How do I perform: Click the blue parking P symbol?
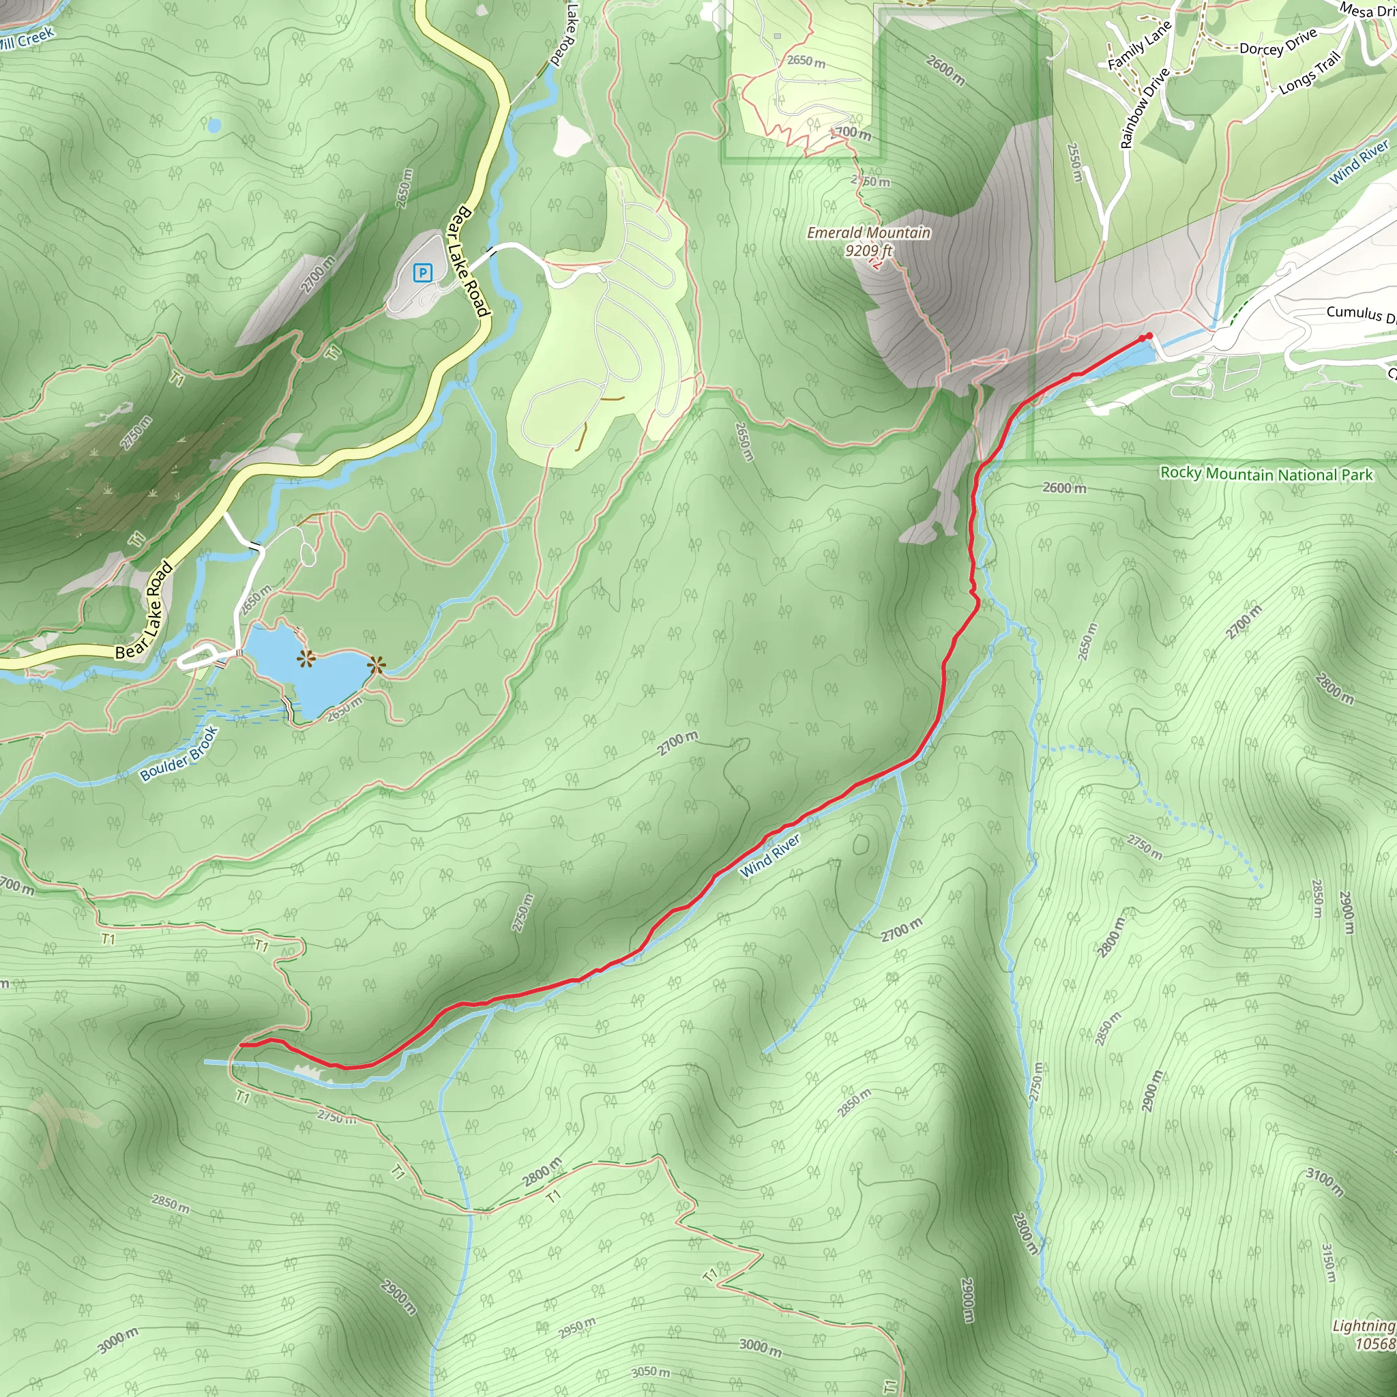(422, 273)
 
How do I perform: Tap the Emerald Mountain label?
(868, 233)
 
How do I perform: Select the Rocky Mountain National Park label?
(1266, 474)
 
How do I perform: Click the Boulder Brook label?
(179, 754)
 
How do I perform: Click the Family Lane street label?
(1139, 46)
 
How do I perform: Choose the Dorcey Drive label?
(1278, 44)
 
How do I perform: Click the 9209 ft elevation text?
(868, 251)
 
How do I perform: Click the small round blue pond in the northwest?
(214, 126)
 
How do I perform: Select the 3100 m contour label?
(1325, 1182)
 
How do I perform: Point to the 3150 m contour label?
(1328, 1263)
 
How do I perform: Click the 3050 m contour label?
(651, 1372)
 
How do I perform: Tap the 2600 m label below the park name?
(1064, 488)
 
